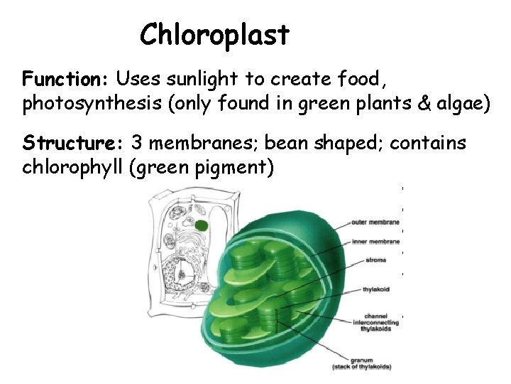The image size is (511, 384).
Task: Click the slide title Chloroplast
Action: pyautogui.click(x=214, y=34)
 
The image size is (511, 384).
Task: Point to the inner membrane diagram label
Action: pyautogui.click(x=375, y=242)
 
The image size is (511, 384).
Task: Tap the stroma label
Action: pyautogui.click(x=376, y=260)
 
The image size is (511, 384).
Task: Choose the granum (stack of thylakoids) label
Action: pyautogui.click(x=361, y=363)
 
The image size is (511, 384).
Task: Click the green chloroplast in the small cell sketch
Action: pyautogui.click(x=202, y=226)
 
